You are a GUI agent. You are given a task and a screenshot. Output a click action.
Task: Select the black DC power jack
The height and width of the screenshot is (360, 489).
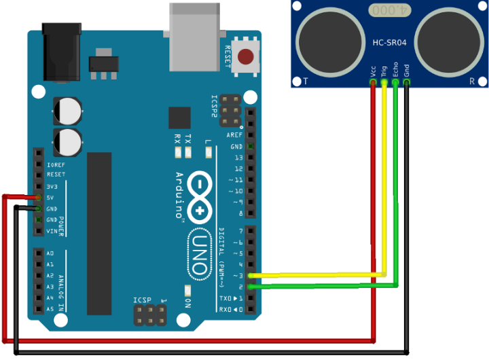[62, 52]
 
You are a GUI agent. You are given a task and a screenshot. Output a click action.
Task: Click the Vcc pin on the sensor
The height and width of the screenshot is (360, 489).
[373, 83]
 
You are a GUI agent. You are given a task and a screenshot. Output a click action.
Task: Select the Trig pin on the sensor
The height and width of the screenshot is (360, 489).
[384, 83]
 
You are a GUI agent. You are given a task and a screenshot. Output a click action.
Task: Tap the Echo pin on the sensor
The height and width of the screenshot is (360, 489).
[395, 83]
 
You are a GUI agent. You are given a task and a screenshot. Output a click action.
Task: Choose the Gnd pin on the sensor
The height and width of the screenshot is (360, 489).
[406, 83]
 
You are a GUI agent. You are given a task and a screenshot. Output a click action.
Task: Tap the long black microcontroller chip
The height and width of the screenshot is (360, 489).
[99, 234]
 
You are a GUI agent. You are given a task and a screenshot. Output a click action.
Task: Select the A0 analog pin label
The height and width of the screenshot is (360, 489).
[50, 253]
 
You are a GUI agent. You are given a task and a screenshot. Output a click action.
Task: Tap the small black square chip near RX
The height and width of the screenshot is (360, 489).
[180, 118]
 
